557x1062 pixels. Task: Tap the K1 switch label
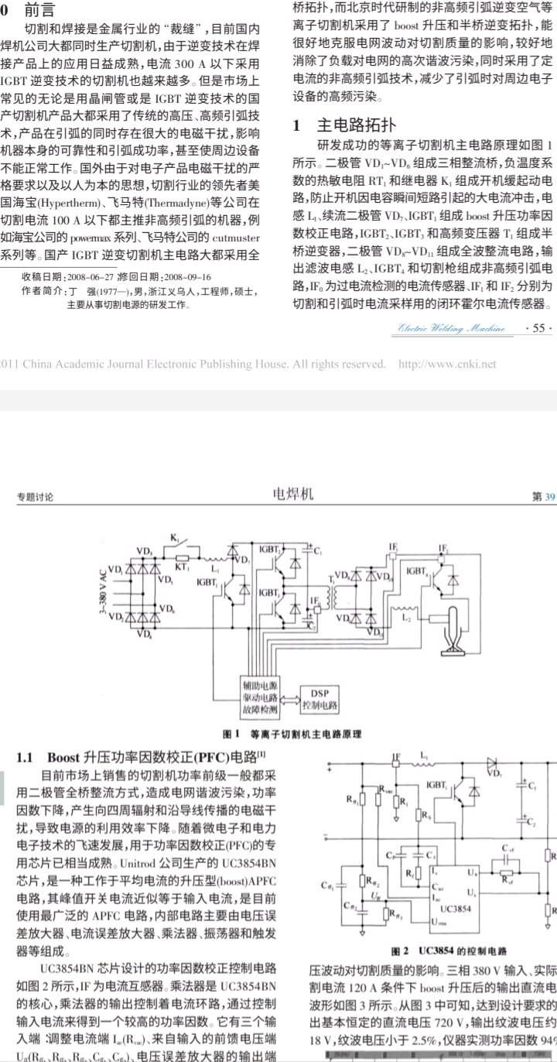coord(174,536)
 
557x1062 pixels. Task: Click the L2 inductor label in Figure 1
coord(407,618)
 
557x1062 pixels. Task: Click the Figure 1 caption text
coord(278,732)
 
